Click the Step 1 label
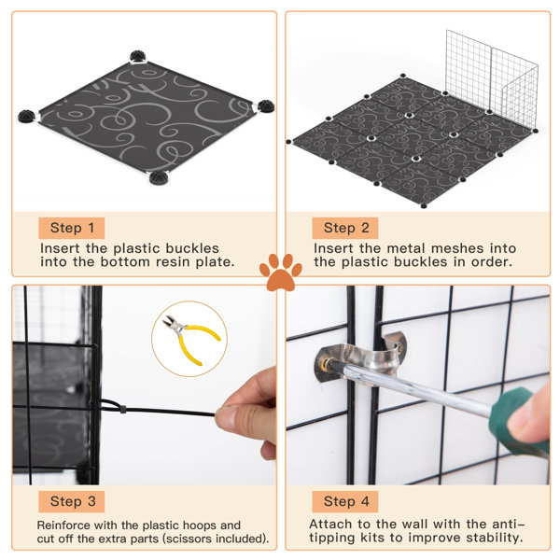[72, 228]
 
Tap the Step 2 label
[346, 228]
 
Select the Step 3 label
[72, 502]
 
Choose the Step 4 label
[346, 502]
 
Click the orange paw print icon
[280, 273]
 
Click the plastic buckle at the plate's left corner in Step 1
[27, 117]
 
